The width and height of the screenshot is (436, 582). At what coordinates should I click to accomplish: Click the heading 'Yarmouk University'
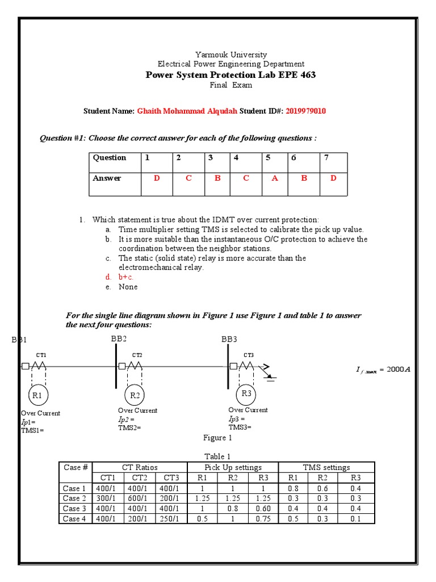[230, 55]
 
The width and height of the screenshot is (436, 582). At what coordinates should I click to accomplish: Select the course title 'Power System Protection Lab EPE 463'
[230, 75]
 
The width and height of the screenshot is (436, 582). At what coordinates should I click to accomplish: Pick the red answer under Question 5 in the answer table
[275, 178]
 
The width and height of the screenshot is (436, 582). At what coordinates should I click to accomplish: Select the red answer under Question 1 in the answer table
[157, 178]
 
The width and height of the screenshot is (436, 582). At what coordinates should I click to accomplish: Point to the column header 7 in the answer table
[326, 158]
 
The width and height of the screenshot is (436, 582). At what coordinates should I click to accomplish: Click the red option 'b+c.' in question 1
[126, 277]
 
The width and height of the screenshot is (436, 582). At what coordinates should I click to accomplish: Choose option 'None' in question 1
[128, 286]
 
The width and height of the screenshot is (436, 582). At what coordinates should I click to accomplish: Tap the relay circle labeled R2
[135, 395]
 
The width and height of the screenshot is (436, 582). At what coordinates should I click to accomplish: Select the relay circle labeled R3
[246, 393]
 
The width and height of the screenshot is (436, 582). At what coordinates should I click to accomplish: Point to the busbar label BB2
[120, 339]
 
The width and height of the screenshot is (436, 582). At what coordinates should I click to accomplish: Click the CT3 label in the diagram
[249, 355]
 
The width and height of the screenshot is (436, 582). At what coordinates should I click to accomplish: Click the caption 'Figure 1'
[218, 438]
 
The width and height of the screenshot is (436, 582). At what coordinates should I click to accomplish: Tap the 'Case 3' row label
[75, 508]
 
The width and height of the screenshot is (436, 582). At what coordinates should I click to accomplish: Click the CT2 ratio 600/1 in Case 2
[137, 498]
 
